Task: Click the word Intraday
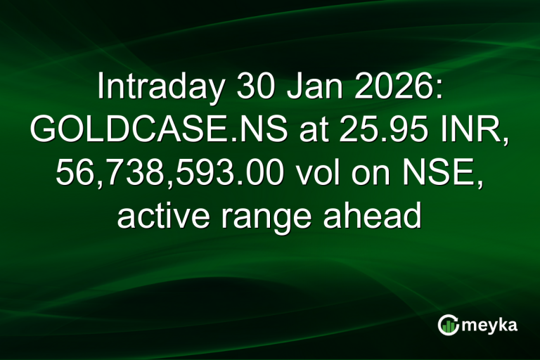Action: click(151, 88)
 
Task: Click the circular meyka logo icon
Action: click(448, 325)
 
